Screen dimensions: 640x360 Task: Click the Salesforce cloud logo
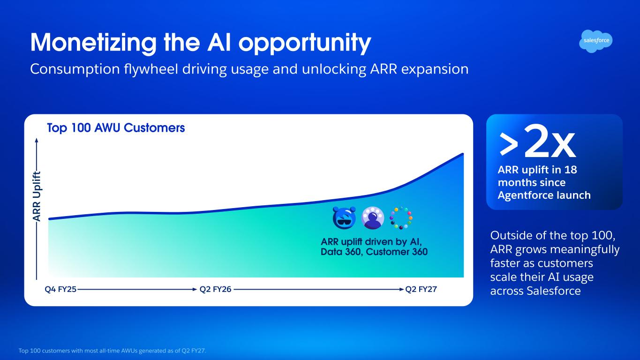[596, 41]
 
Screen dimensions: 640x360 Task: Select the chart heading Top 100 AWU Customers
[116, 127]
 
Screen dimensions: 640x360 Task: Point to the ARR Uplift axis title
[37, 196]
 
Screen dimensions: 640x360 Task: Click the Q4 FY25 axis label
[60, 289]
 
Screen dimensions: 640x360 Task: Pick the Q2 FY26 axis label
[215, 289]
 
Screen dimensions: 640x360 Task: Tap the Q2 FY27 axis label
[421, 289]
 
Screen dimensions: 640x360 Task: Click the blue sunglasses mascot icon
[344, 217]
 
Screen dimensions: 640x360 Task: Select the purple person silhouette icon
[373, 217]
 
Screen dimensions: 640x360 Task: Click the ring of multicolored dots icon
[401, 217]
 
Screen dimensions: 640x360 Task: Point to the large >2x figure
[537, 142]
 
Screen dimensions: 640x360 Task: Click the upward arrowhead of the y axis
[37, 140]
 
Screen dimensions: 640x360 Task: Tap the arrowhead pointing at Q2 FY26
[195, 289]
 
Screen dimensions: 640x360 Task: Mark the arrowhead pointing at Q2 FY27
[401, 289]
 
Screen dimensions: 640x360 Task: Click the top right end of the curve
[463, 154]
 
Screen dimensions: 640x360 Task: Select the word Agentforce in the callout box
[522, 195]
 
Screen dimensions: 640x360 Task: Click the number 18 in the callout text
[571, 170]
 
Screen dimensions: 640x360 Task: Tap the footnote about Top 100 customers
[112, 351]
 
